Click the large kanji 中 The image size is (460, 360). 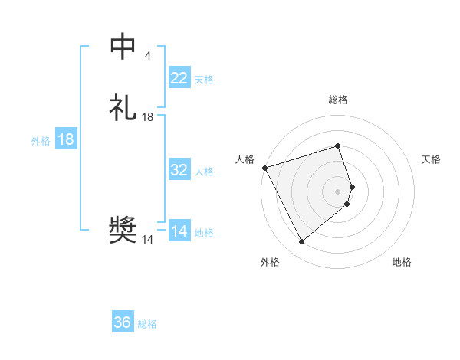(123, 47)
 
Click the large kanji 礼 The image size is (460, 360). (123, 108)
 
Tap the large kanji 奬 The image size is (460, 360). (123, 231)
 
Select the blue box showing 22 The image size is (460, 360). (179, 77)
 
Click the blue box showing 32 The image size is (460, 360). (179, 170)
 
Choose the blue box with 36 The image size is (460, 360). (123, 322)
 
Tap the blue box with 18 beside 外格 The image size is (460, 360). (66, 139)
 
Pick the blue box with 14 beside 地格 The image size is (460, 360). (179, 231)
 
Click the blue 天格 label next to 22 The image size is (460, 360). (204, 79)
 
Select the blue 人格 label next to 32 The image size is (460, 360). (204, 172)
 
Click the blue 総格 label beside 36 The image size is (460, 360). (147, 324)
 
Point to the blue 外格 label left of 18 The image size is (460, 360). (41, 141)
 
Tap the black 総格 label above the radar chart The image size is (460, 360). (338, 100)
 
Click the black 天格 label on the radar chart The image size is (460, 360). (431, 159)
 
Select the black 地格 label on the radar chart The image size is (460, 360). (402, 262)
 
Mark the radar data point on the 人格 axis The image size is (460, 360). (264, 168)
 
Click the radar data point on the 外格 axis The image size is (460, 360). (301, 242)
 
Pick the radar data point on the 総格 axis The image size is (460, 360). (338, 146)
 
